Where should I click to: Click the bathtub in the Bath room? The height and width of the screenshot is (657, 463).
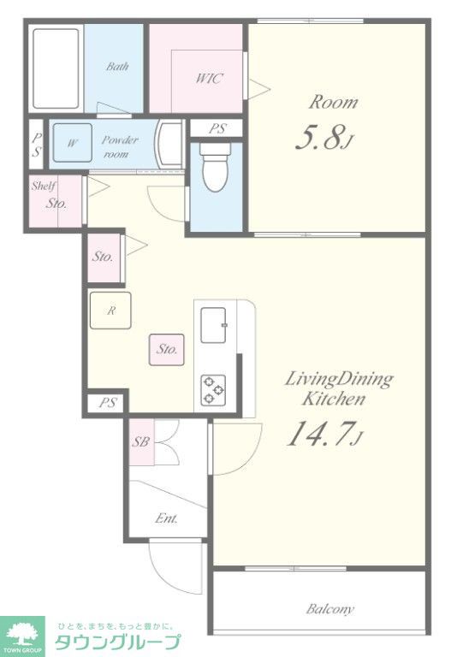tap(56, 68)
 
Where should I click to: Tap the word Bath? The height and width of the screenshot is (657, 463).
tap(117, 66)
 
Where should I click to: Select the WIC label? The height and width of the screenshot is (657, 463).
tap(209, 79)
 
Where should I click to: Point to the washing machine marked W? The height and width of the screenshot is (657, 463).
tap(73, 143)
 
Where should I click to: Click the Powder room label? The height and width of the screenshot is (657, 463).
tap(119, 146)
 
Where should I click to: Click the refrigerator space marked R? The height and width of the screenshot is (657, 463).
tap(110, 310)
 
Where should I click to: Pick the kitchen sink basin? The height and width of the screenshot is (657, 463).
tap(213, 325)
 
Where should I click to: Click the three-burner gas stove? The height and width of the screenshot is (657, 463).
tap(213, 390)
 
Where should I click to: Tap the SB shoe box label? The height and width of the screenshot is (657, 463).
tap(141, 441)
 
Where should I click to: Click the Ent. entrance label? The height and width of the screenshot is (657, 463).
tap(166, 518)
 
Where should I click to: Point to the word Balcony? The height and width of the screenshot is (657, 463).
tap(330, 609)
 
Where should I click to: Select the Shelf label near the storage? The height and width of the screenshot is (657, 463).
tap(43, 186)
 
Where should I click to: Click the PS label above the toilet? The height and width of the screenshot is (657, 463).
tap(217, 128)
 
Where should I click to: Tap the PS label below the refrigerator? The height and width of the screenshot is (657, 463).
tap(108, 403)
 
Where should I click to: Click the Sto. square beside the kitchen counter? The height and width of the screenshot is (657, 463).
tap(167, 349)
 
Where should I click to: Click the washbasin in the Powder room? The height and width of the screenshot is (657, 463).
tap(169, 143)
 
